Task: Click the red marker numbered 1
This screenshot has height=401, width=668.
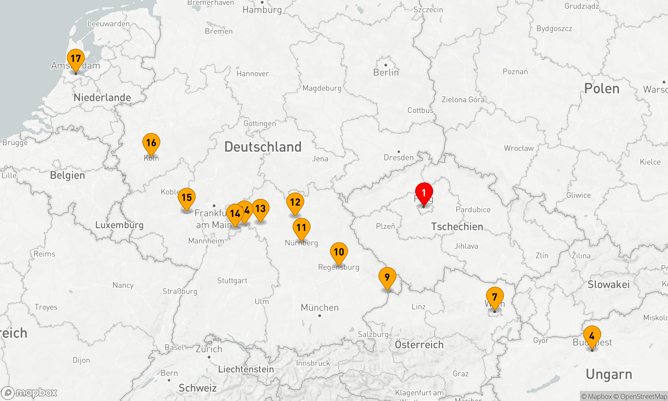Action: pyautogui.click(x=424, y=193)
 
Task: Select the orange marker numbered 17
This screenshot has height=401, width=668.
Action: pyautogui.click(x=76, y=59)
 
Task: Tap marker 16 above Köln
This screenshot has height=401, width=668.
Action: pyautogui.click(x=151, y=143)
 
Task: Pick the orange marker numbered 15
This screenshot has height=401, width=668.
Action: pyautogui.click(x=187, y=198)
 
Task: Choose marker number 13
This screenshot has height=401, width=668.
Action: pyautogui.click(x=261, y=209)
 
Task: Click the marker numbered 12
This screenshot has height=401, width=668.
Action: pyautogui.click(x=295, y=203)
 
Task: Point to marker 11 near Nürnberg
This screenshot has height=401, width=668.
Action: pyautogui.click(x=302, y=228)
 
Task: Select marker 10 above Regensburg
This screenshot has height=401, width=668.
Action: pyautogui.click(x=339, y=253)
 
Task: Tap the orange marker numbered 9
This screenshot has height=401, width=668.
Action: pyautogui.click(x=387, y=278)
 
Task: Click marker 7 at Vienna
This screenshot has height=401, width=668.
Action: pyautogui.click(x=495, y=297)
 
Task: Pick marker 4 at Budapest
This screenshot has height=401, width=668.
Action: pyautogui.click(x=592, y=336)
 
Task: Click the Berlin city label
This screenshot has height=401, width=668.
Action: pyautogui.click(x=386, y=73)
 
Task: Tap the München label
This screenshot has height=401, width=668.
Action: pyautogui.click(x=320, y=307)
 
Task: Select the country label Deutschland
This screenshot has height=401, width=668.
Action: pyautogui.click(x=263, y=147)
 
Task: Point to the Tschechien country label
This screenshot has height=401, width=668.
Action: pyautogui.click(x=457, y=227)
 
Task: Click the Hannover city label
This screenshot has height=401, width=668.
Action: pyautogui.click(x=253, y=74)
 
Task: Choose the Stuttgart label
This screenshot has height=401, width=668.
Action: pyautogui.click(x=232, y=281)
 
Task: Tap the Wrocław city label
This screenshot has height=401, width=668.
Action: pyautogui.click(x=519, y=148)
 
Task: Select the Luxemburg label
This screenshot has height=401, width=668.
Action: pyautogui.click(x=119, y=225)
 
